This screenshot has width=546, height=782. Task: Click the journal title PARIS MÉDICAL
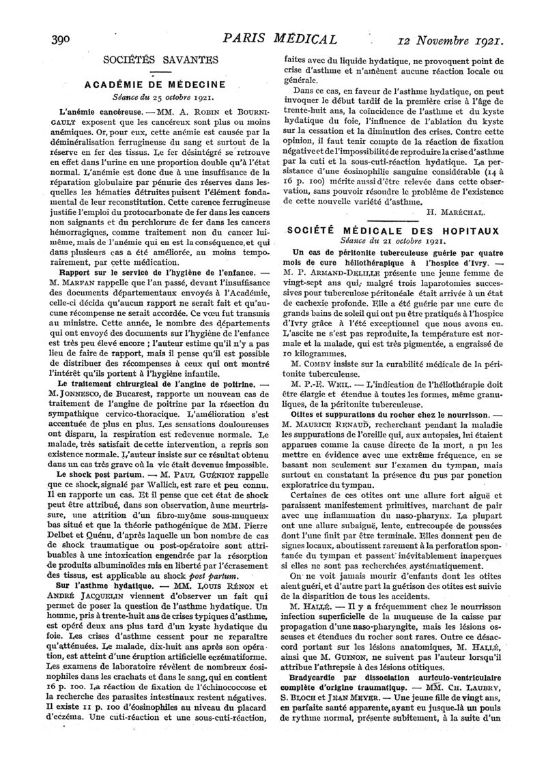pos(272,38)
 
